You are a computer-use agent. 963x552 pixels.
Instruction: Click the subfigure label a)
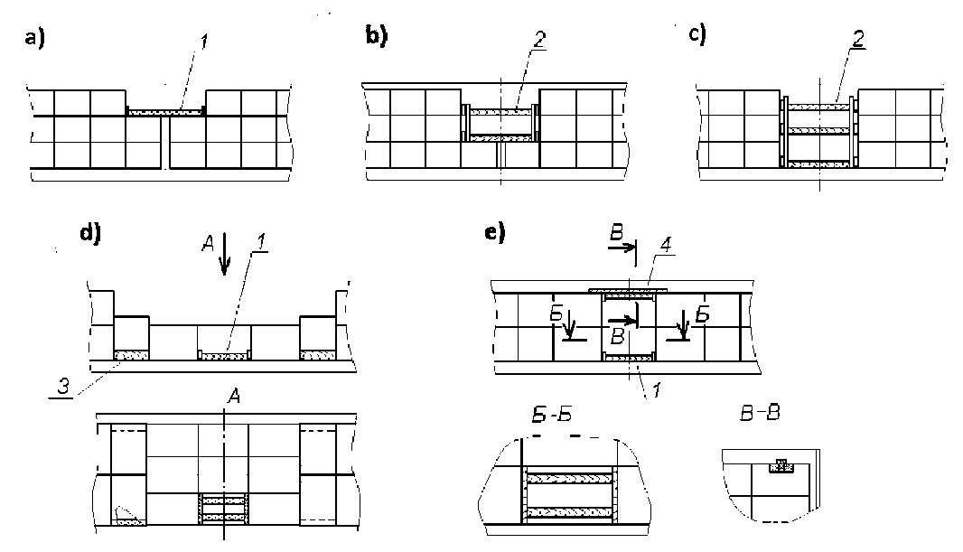[x=34, y=38]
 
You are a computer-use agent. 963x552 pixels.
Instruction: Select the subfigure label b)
[x=377, y=35]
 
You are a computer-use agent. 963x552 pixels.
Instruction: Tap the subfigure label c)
[x=697, y=33]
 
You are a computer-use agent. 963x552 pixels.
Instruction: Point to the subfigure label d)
[x=90, y=233]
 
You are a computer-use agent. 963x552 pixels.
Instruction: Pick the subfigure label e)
[x=495, y=233]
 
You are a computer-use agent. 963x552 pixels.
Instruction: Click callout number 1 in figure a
[x=204, y=42]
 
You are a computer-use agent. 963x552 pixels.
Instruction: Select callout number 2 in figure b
[x=538, y=41]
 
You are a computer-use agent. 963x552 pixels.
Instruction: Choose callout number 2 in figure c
[x=858, y=39]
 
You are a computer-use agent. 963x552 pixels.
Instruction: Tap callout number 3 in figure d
[x=62, y=387]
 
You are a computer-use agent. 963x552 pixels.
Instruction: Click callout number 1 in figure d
[x=261, y=242]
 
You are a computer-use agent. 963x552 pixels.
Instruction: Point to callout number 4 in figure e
[x=665, y=245]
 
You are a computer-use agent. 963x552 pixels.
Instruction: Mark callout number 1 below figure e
[x=657, y=389]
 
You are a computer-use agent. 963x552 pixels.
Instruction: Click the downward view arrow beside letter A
[x=225, y=254]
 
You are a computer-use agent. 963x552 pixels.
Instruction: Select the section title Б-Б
[x=552, y=415]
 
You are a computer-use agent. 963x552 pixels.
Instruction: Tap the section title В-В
[x=760, y=413]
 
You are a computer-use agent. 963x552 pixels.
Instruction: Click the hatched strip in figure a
[x=166, y=112]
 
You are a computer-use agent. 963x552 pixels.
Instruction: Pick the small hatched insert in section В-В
[x=781, y=467]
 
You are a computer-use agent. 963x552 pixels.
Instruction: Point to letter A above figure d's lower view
[x=233, y=397]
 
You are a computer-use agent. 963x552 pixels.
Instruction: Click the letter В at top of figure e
[x=617, y=233]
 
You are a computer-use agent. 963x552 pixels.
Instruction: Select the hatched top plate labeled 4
[x=628, y=290]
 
